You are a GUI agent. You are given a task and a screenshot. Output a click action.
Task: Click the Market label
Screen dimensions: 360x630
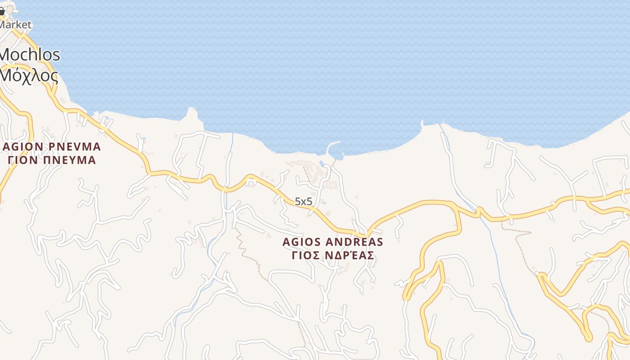15,25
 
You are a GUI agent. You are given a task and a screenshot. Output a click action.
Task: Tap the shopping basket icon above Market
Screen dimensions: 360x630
2,12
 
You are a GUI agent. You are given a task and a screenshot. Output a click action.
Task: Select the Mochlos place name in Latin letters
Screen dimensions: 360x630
30,55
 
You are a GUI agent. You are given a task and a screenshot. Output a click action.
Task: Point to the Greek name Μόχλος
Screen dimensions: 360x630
29,76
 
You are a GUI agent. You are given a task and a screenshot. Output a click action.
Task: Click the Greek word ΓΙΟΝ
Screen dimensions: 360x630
23,160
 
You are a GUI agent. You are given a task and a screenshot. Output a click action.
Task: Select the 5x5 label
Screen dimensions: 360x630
303,202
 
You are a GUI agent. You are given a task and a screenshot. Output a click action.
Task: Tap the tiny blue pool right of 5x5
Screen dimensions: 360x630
324,203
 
